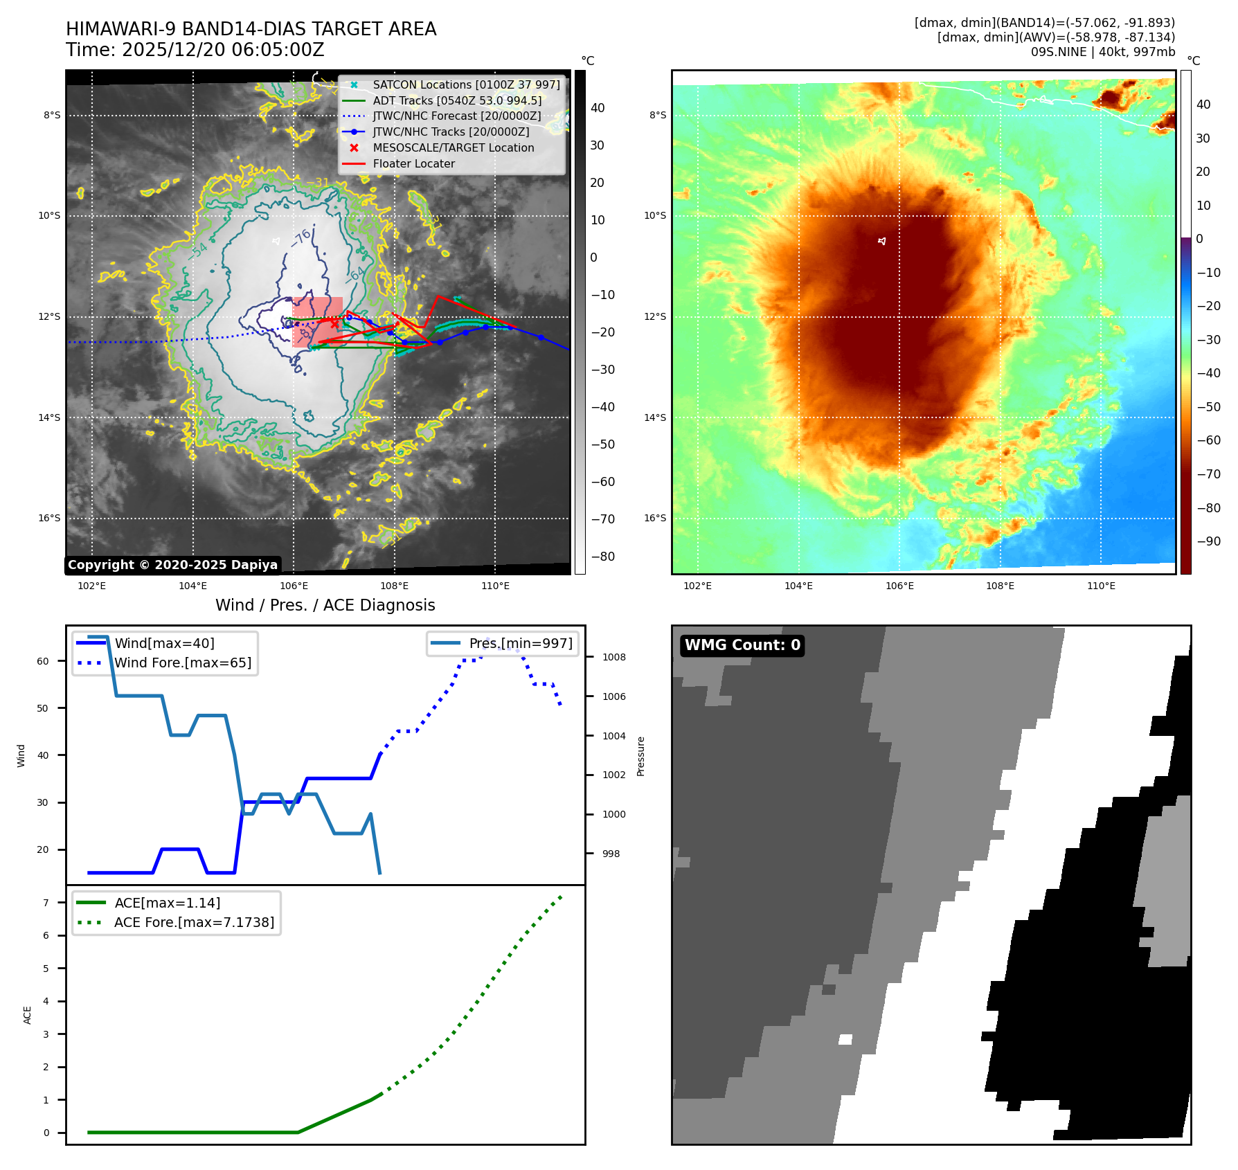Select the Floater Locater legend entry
pyautogui.click(x=413, y=163)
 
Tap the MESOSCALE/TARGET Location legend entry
pyautogui.click(x=453, y=147)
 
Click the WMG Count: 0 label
pyautogui.click(x=742, y=645)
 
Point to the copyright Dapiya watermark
pyautogui.click(x=172, y=565)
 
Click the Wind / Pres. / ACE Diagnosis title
pyautogui.click(x=325, y=605)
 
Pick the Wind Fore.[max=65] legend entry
pyautogui.click(x=182, y=663)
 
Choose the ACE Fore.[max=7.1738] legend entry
pyautogui.click(x=194, y=922)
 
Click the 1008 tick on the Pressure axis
pyautogui.click(x=613, y=657)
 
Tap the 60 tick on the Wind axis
pyautogui.click(x=43, y=661)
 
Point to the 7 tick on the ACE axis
pyautogui.click(x=46, y=903)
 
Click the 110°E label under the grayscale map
pyautogui.click(x=495, y=586)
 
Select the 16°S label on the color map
pyautogui.click(x=655, y=518)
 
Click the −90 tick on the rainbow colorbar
pyautogui.click(x=1208, y=541)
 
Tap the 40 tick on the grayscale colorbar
pyautogui.click(x=597, y=108)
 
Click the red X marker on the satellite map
pyautogui.click(x=334, y=323)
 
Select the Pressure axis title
pyautogui.click(x=640, y=756)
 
